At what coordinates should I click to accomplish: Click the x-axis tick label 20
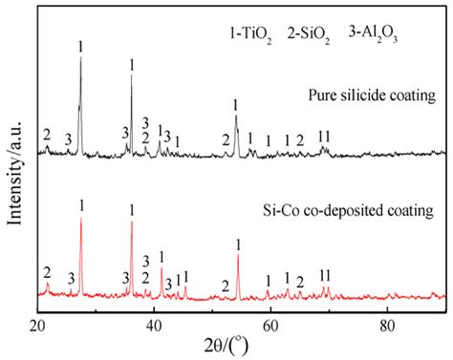point(38,324)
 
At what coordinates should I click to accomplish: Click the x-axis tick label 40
point(155,324)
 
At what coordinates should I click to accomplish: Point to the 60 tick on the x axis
point(271,324)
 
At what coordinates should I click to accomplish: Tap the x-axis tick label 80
point(388,324)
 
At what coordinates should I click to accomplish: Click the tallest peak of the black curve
point(81,57)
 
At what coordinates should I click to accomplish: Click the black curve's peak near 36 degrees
point(132,75)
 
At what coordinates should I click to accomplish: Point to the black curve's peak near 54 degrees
point(236,116)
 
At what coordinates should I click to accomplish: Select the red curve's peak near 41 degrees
point(162,267)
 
